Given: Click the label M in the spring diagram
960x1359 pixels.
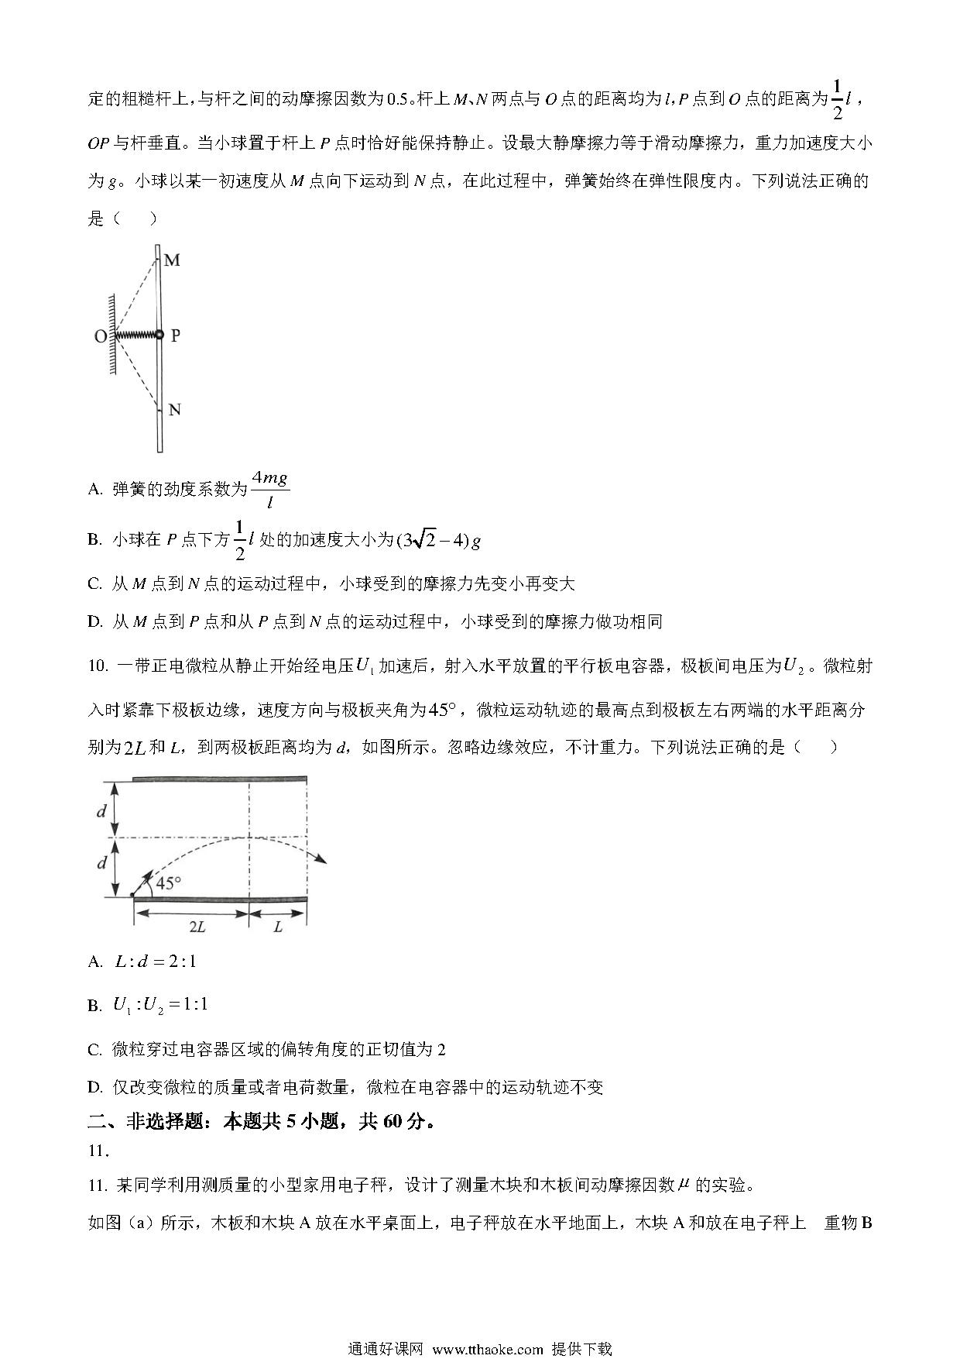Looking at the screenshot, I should point(172,260).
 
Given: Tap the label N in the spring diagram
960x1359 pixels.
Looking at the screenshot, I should point(174,409).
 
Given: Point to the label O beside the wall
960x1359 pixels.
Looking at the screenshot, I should point(100,336).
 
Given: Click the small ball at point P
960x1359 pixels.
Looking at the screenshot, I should point(159,335).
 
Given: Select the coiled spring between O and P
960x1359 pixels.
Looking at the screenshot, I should point(135,335).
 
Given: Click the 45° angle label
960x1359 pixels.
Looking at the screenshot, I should point(168,882).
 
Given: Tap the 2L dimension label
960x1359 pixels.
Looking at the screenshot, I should point(197,927).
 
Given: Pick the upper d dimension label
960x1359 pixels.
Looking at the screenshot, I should point(101,810).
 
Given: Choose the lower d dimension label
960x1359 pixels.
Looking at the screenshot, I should point(101,862).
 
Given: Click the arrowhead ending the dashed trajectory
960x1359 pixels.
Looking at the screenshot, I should point(321,858).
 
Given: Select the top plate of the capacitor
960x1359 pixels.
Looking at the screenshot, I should point(219,778).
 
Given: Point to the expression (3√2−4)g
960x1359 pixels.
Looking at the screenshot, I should point(438,540).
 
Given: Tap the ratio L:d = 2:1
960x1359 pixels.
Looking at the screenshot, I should point(155,962).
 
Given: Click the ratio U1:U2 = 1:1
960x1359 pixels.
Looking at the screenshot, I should point(160,1005).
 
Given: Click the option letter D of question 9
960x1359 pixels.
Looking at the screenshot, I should point(94,621).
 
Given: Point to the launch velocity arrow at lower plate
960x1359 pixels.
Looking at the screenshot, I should point(143,882).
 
